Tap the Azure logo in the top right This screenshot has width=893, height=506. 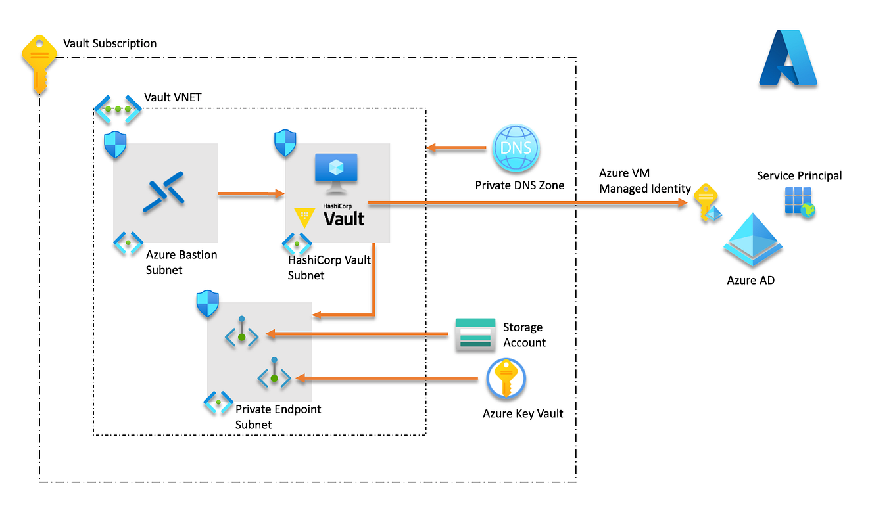787,58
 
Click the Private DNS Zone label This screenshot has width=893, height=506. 519,185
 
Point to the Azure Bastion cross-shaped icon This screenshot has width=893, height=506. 165,191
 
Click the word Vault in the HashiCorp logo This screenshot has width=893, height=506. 343,218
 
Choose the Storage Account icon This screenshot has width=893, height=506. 475,334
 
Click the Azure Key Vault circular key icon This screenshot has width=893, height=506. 506,380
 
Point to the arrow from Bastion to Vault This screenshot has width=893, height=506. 250,193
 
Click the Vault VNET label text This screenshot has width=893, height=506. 172,97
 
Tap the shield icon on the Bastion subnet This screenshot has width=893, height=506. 115,145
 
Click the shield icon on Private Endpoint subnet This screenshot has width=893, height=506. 208,304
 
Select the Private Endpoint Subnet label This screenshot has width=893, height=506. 278,417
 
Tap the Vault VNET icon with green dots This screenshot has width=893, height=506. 117,109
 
